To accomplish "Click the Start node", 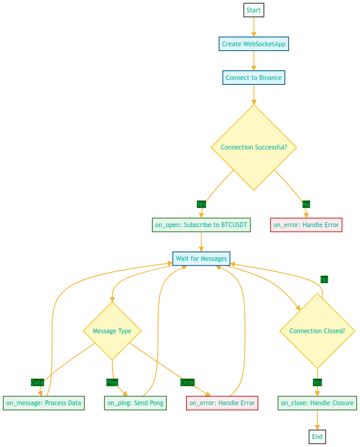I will (254, 10).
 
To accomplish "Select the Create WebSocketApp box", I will (254, 44).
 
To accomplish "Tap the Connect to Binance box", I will (254, 78).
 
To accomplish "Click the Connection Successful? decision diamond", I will (254, 148).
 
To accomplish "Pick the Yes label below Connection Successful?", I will (201, 204).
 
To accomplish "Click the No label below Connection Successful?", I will (306, 204).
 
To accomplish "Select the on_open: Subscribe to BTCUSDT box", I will (201, 225).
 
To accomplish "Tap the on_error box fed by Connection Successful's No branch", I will (306, 225).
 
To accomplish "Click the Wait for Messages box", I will (201, 258).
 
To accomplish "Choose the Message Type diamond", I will (112, 331).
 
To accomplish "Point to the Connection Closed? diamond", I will (317, 331).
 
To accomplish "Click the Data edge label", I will (37, 382).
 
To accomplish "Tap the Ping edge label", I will (112, 382).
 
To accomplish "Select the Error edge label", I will (187, 382).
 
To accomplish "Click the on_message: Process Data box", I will (44, 403).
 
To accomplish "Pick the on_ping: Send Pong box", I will (135, 403).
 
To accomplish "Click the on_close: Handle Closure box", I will (317, 403).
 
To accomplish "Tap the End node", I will (317, 437).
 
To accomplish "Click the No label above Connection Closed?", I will (324, 279).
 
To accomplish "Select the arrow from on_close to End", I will (317, 420).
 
